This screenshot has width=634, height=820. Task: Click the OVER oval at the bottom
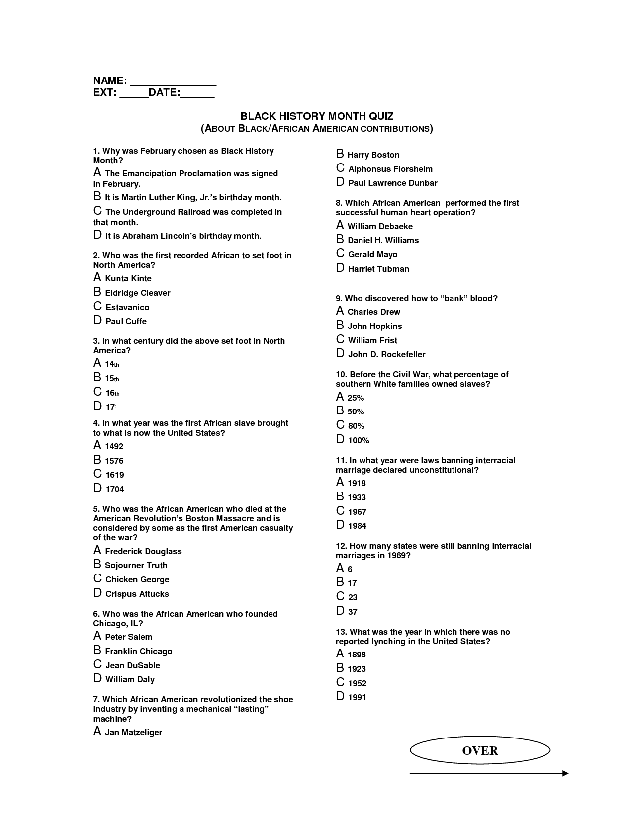[480, 750]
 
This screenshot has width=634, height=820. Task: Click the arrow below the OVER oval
[488, 773]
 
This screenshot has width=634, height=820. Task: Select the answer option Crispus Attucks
[137, 594]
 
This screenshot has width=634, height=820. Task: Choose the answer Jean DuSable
[132, 665]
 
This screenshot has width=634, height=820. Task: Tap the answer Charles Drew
[373, 312]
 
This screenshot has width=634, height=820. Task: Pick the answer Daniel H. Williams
[383, 240]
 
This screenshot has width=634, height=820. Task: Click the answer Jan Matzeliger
[133, 732]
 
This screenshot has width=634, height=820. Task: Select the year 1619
[114, 475]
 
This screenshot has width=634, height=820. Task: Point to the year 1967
[357, 512]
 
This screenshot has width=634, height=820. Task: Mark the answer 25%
[356, 398]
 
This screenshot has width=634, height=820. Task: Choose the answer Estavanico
[127, 307]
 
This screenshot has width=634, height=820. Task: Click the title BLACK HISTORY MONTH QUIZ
[317, 116]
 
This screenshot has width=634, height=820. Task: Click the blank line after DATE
[197, 93]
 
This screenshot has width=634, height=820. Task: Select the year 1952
[357, 683]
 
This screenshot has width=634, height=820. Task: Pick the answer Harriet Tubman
[378, 269]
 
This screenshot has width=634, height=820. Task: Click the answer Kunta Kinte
[128, 278]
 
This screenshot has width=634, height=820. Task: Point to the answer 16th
[112, 393]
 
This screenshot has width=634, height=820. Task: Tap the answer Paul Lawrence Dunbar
[392, 183]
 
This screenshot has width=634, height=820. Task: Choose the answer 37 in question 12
[352, 612]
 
